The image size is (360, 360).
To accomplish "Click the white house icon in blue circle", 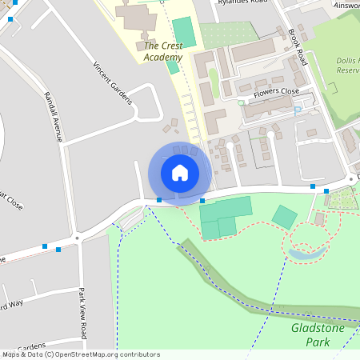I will pyautogui.click(x=180, y=172).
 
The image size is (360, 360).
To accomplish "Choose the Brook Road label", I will pyautogui.click(x=298, y=48).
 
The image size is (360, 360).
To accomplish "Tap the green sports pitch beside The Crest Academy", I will pyautogui.click(x=183, y=31).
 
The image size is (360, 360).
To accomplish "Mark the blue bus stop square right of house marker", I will pyautogui.click(x=202, y=200).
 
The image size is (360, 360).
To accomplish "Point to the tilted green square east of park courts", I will pyautogui.click(x=284, y=217).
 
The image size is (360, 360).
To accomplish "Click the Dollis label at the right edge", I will pyautogui.click(x=346, y=60).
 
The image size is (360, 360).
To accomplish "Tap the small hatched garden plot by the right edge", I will pyautogui.click(x=344, y=198).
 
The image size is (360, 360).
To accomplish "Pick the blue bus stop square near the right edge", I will pyautogui.click(x=326, y=190).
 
